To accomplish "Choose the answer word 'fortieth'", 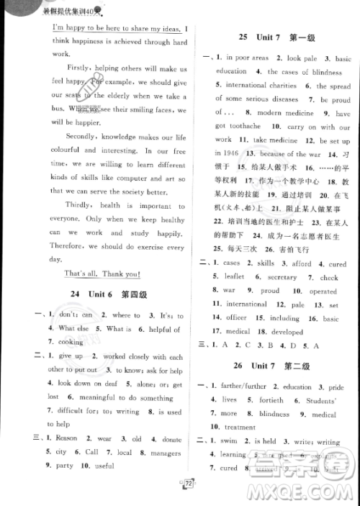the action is (271, 399).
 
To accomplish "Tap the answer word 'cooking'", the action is (71, 342).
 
